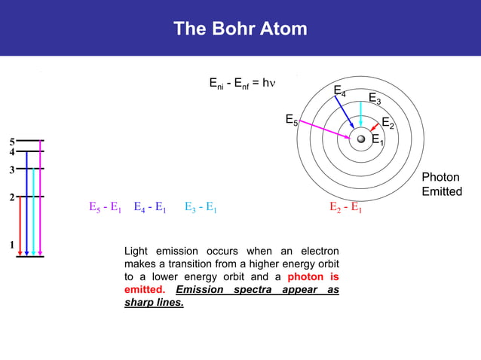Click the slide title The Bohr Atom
[240, 29]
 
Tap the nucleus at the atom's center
[361, 139]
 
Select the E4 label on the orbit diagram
[340, 92]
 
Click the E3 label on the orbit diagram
[374, 99]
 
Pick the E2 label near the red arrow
[388, 123]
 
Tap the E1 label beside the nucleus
[378, 139]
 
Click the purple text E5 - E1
[105, 208]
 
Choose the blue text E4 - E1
[149, 208]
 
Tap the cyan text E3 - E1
[201, 208]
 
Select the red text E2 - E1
[346, 208]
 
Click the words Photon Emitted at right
[441, 185]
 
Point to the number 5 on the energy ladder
[11, 142]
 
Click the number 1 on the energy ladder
[11, 245]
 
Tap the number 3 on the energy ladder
[11, 169]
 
